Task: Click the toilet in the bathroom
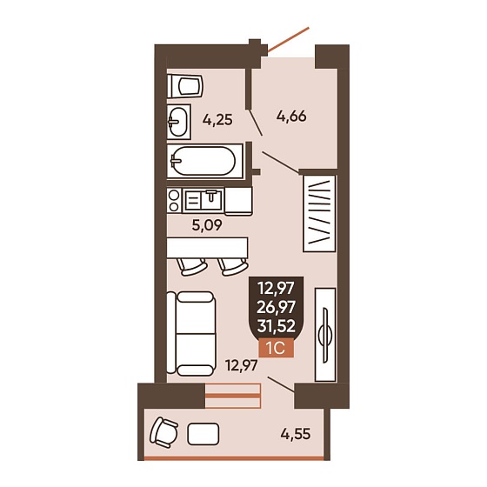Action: click(x=184, y=86)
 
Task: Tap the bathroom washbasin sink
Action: click(x=178, y=122)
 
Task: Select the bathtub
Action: click(x=204, y=161)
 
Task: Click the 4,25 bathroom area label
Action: click(x=217, y=120)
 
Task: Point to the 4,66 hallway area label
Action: click(x=291, y=117)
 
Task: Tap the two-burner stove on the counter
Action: click(x=174, y=201)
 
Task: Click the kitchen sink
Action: click(x=203, y=200)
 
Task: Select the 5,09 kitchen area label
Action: click(x=207, y=225)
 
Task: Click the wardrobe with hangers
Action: click(x=319, y=213)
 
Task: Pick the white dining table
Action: click(x=207, y=248)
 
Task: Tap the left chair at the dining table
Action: click(x=191, y=267)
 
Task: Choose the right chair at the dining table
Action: click(x=233, y=267)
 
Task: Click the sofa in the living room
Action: click(x=191, y=333)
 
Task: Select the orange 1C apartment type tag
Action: click(x=277, y=348)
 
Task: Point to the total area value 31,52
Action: click(x=277, y=326)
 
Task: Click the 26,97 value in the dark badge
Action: click(x=277, y=307)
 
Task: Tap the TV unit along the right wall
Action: click(x=325, y=335)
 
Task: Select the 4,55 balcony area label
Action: click(x=296, y=434)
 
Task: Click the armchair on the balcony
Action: click(x=163, y=432)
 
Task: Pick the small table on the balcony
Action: click(x=203, y=434)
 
